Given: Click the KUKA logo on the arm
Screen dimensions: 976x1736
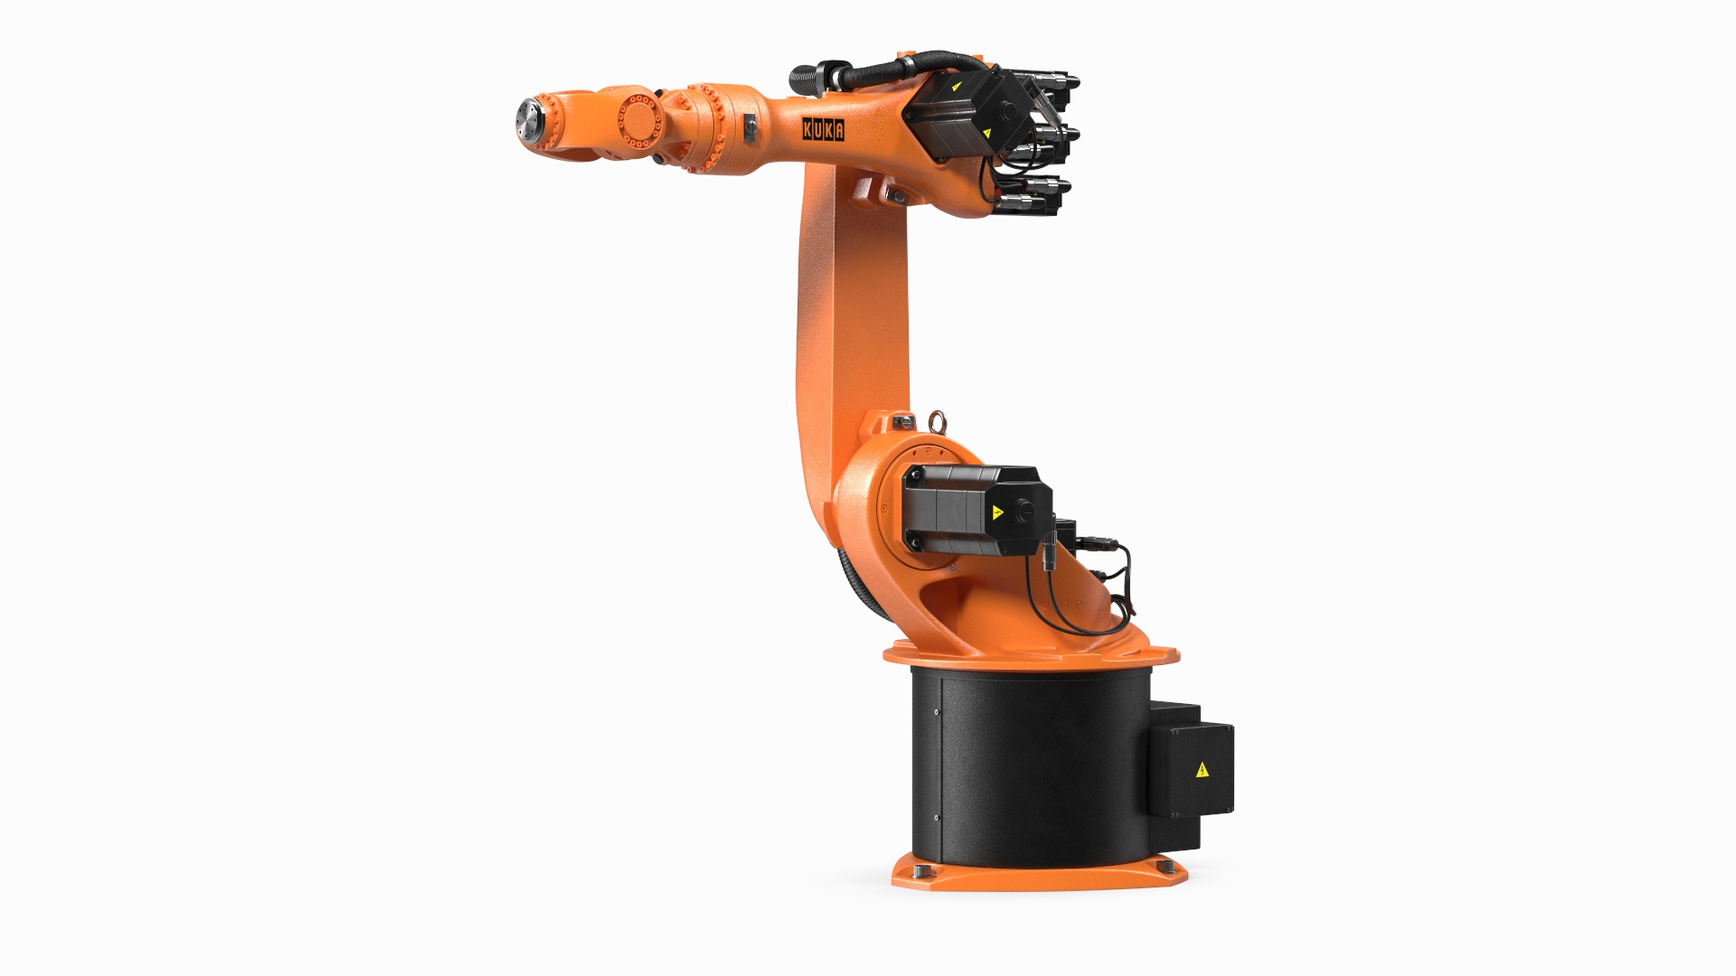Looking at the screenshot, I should (x=824, y=131).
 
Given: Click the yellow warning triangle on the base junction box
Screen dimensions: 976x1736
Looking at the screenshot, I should (x=1202, y=770).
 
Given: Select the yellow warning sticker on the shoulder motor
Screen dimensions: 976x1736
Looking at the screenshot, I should (x=998, y=512).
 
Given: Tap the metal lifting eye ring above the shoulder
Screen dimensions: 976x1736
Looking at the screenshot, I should (x=936, y=420).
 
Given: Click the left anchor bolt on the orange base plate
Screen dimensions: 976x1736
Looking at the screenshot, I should (x=920, y=870).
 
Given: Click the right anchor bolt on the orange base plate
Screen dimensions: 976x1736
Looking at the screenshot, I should (x=1162, y=868).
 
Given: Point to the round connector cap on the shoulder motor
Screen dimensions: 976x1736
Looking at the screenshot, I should (x=1025, y=511).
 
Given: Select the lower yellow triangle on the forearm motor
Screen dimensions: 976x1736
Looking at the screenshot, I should (x=986, y=133).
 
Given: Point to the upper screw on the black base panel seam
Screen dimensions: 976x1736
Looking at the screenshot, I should (x=937, y=712).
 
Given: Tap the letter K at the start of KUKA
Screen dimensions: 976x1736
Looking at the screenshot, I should (x=807, y=131).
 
